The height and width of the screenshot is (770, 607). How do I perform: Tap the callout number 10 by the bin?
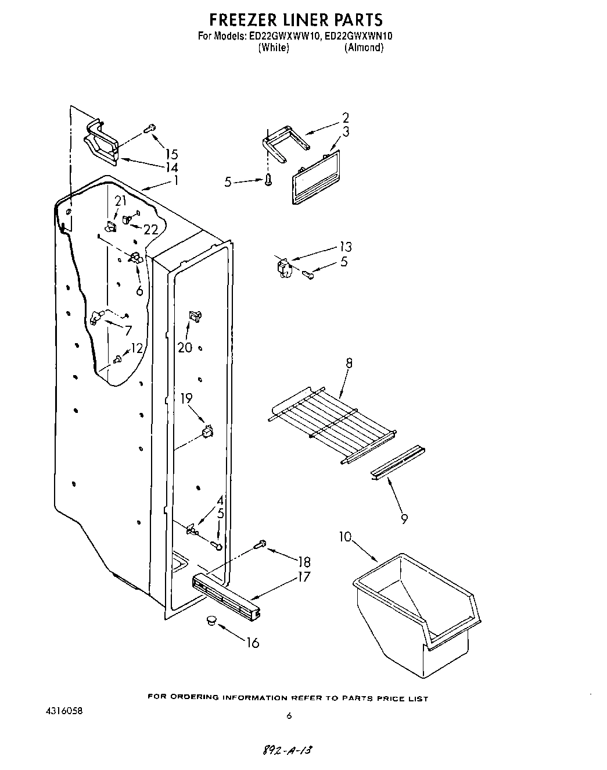pos(346,536)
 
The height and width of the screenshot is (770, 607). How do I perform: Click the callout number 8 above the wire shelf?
pos(349,363)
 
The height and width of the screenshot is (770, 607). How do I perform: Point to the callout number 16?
pos(253,643)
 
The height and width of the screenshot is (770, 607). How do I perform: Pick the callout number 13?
pos(346,247)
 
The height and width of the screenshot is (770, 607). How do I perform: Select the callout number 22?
pos(150,230)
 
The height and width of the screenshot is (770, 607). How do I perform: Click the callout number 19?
pos(186,399)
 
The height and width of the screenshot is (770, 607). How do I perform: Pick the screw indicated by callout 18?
pos(260,544)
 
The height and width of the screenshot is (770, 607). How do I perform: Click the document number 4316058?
pos(64,711)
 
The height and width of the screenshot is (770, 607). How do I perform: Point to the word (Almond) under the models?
pos(363,48)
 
